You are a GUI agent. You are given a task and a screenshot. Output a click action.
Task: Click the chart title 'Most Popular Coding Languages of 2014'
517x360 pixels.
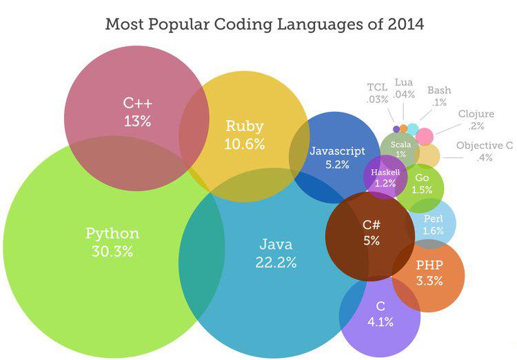coord(264,23)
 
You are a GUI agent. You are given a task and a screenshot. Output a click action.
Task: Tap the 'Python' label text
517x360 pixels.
coord(112,233)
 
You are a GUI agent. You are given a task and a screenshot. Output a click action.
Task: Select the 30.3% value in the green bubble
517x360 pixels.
coord(112,251)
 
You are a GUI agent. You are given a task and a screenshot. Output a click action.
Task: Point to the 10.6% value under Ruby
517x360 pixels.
coord(245,144)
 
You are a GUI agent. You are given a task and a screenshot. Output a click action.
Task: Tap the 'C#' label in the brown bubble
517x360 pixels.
coord(372,224)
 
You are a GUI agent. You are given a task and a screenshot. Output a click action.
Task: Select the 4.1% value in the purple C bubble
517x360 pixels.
coord(381,321)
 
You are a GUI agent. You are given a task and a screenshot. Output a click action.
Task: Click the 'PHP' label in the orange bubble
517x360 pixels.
coord(429,265)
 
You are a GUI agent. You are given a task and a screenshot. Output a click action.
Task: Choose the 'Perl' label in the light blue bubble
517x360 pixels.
coord(433,218)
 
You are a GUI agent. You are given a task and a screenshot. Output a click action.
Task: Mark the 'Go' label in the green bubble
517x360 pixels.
coord(422,178)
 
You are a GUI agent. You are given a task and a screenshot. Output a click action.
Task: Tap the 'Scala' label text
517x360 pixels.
coord(401,145)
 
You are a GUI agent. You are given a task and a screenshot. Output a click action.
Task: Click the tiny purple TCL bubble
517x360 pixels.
coord(396,128)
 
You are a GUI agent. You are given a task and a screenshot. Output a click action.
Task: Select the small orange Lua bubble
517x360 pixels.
coord(403,128)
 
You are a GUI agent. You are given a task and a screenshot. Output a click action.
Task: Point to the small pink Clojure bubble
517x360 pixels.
coord(425,135)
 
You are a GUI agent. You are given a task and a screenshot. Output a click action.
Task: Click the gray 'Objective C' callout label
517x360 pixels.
coord(485,146)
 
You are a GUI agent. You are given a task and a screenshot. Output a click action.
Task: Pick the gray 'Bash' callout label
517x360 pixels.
coord(439,90)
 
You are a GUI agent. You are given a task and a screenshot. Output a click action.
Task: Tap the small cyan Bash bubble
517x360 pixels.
coord(412,128)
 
